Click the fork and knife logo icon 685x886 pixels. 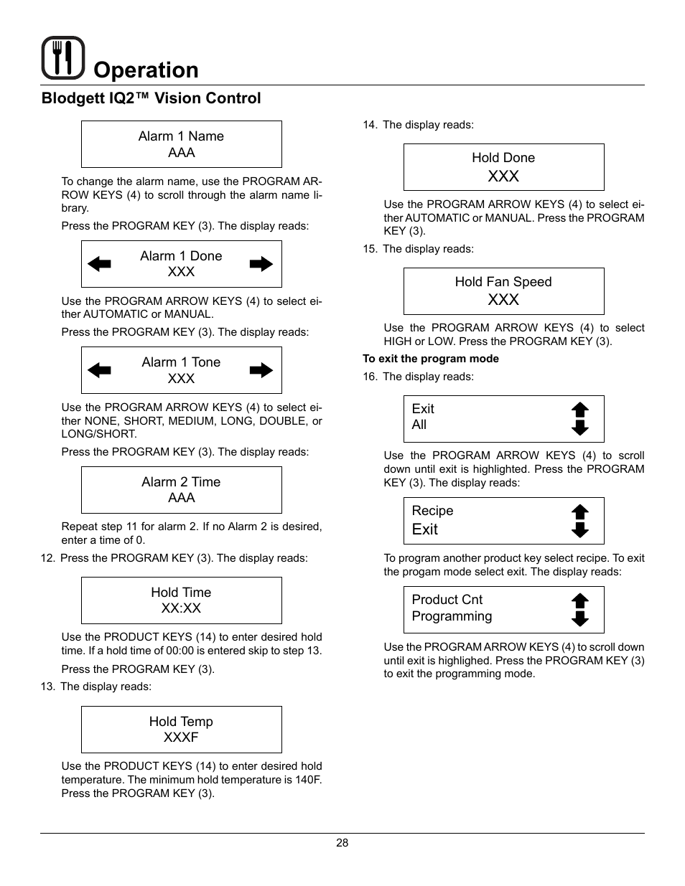coord(63,57)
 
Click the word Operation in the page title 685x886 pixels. coord(146,70)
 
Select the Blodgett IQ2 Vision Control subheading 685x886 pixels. coord(151,98)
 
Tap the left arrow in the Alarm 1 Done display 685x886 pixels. coord(99,264)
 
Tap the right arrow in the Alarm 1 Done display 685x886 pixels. coord(261,264)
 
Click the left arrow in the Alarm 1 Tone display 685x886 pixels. coord(99,370)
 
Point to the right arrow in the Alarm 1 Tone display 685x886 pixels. coord(261,370)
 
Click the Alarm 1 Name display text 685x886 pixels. coord(181,136)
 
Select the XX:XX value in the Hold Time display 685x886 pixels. coord(181,608)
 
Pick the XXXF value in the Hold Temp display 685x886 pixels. coord(181,737)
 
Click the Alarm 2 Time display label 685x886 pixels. coord(181,482)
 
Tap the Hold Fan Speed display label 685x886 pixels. coord(503,282)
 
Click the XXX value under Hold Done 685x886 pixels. coord(503,176)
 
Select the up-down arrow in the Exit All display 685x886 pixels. coord(579,419)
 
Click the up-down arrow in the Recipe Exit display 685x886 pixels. coord(579,521)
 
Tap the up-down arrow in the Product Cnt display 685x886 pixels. coord(579,610)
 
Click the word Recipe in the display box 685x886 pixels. coord(432,511)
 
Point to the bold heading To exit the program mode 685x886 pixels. coord(431,359)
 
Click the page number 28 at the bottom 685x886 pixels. coord(342,843)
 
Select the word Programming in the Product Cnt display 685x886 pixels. coord(452,616)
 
